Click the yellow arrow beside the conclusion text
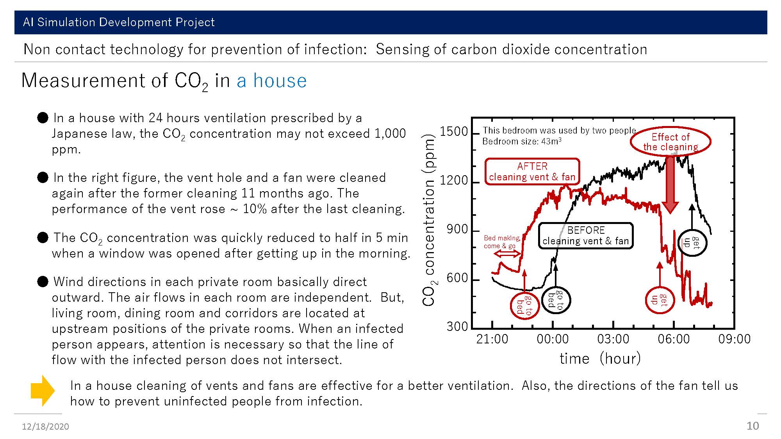(x=43, y=391)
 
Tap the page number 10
(x=752, y=426)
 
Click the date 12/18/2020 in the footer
(x=45, y=427)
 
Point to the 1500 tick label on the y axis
(x=454, y=132)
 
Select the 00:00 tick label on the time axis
(x=553, y=339)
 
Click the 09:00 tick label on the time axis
(x=734, y=339)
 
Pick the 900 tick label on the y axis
(x=457, y=229)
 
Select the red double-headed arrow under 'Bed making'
(x=507, y=254)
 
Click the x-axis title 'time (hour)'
(x=600, y=358)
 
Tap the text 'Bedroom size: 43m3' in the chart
(x=522, y=141)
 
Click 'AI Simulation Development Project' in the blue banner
(x=119, y=22)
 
